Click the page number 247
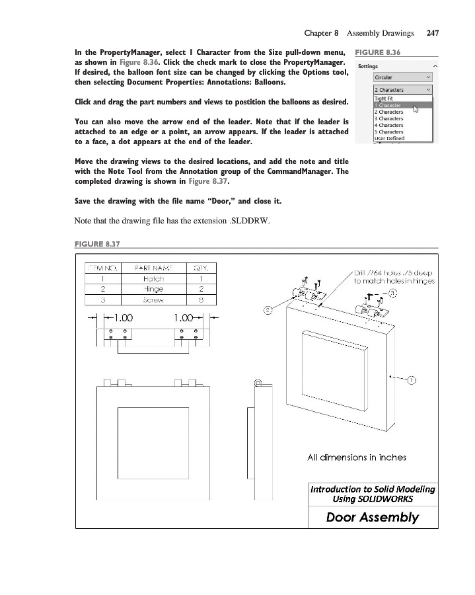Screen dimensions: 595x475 tap(433, 32)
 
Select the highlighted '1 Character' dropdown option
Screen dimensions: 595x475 tap(388, 105)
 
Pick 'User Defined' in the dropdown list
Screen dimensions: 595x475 tap(389, 138)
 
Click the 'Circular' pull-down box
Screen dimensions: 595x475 tap(402, 77)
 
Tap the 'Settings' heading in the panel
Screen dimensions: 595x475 tap(368, 66)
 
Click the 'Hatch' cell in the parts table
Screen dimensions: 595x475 tap(153, 279)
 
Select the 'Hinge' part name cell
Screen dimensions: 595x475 tap(153, 289)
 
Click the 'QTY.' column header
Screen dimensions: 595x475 tap(201, 268)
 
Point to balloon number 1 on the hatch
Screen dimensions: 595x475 tap(411, 379)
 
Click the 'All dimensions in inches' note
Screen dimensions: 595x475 tap(357, 457)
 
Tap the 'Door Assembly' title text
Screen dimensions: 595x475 tap(373, 516)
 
